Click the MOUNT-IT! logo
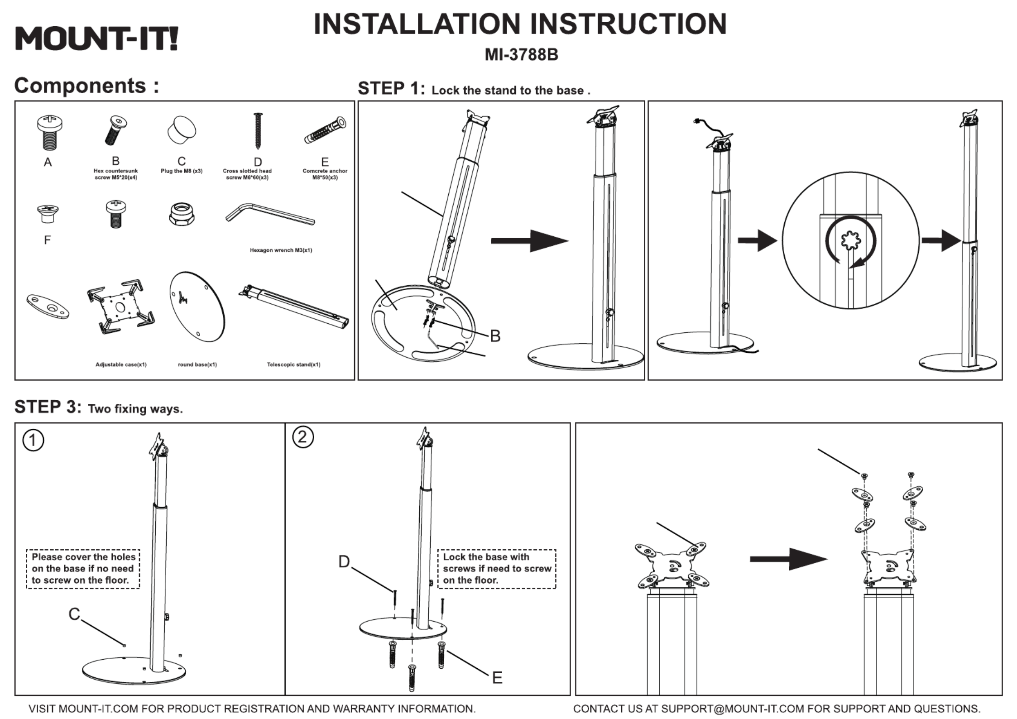pyautogui.click(x=96, y=38)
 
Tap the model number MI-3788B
pyautogui.click(x=521, y=55)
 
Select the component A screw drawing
pyautogui.click(x=50, y=132)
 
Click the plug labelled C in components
pyautogui.click(x=182, y=129)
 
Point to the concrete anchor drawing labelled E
pyautogui.click(x=325, y=130)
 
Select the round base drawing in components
pyautogui.click(x=197, y=307)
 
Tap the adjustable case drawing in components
pyautogui.click(x=120, y=306)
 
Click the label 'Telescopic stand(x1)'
pyautogui.click(x=293, y=364)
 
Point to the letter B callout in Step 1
pyautogui.click(x=495, y=336)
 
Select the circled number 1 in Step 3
pyautogui.click(x=34, y=441)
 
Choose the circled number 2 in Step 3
pyautogui.click(x=303, y=437)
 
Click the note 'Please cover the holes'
pyautogui.click(x=84, y=557)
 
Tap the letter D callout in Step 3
pyautogui.click(x=344, y=562)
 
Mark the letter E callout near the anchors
pyautogui.click(x=497, y=678)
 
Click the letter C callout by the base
pyautogui.click(x=74, y=614)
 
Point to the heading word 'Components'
pyautogui.click(x=81, y=86)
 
